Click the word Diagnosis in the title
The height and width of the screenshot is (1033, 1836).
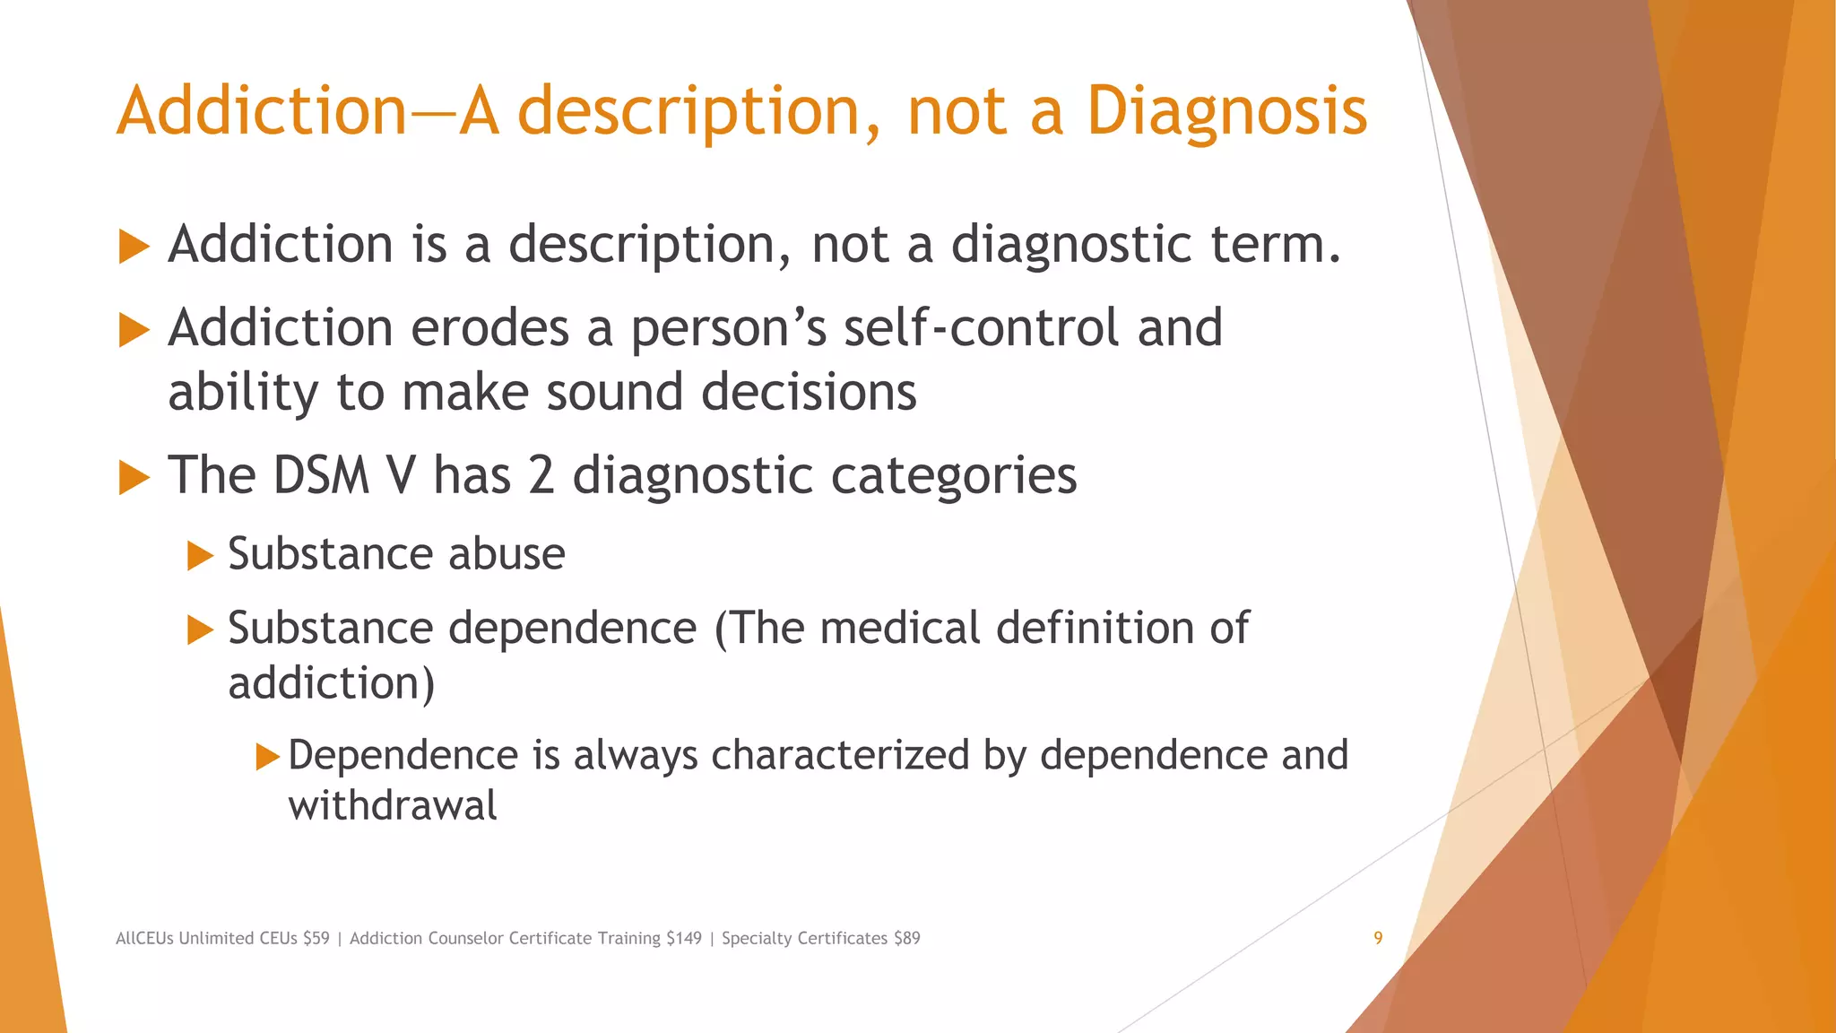(x=1226, y=112)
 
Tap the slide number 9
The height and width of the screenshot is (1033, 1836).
(x=1378, y=938)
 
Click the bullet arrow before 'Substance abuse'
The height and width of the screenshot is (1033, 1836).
(x=200, y=556)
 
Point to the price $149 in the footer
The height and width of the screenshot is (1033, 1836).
(x=684, y=938)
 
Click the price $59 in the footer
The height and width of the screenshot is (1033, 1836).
(x=316, y=938)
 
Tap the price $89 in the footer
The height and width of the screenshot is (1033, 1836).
(x=907, y=938)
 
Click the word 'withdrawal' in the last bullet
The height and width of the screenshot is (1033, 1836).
(x=392, y=805)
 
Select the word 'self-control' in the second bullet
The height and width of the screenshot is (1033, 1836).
(x=981, y=327)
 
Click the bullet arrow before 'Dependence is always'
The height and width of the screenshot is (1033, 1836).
(x=267, y=757)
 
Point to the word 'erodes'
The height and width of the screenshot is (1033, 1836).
(x=489, y=327)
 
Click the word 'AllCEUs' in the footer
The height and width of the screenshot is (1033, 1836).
(x=144, y=938)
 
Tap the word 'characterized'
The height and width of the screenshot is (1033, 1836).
(x=840, y=755)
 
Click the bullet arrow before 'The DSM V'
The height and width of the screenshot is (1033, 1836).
(x=134, y=477)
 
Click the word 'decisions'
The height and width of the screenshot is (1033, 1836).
(x=809, y=393)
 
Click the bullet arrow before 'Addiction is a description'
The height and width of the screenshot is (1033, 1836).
(x=134, y=247)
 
